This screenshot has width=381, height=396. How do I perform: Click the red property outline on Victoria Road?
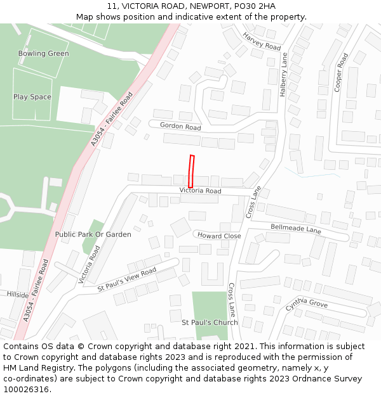pos(191,171)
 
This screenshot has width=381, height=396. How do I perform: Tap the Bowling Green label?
pos(44,54)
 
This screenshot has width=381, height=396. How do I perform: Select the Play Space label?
pos(32,97)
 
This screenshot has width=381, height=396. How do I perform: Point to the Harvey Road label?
pos(262,42)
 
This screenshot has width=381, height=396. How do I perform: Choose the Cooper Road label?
pos(341,73)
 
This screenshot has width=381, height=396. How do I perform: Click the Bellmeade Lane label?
pos(296,229)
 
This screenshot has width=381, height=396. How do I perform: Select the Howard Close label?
pos(219,236)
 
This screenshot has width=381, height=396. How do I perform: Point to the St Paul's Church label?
pos(210,323)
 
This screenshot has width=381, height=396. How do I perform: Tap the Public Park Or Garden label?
pos(93,234)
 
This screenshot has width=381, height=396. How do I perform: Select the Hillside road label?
pos(18,295)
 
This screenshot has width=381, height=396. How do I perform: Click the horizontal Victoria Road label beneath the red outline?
pos(200,191)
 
